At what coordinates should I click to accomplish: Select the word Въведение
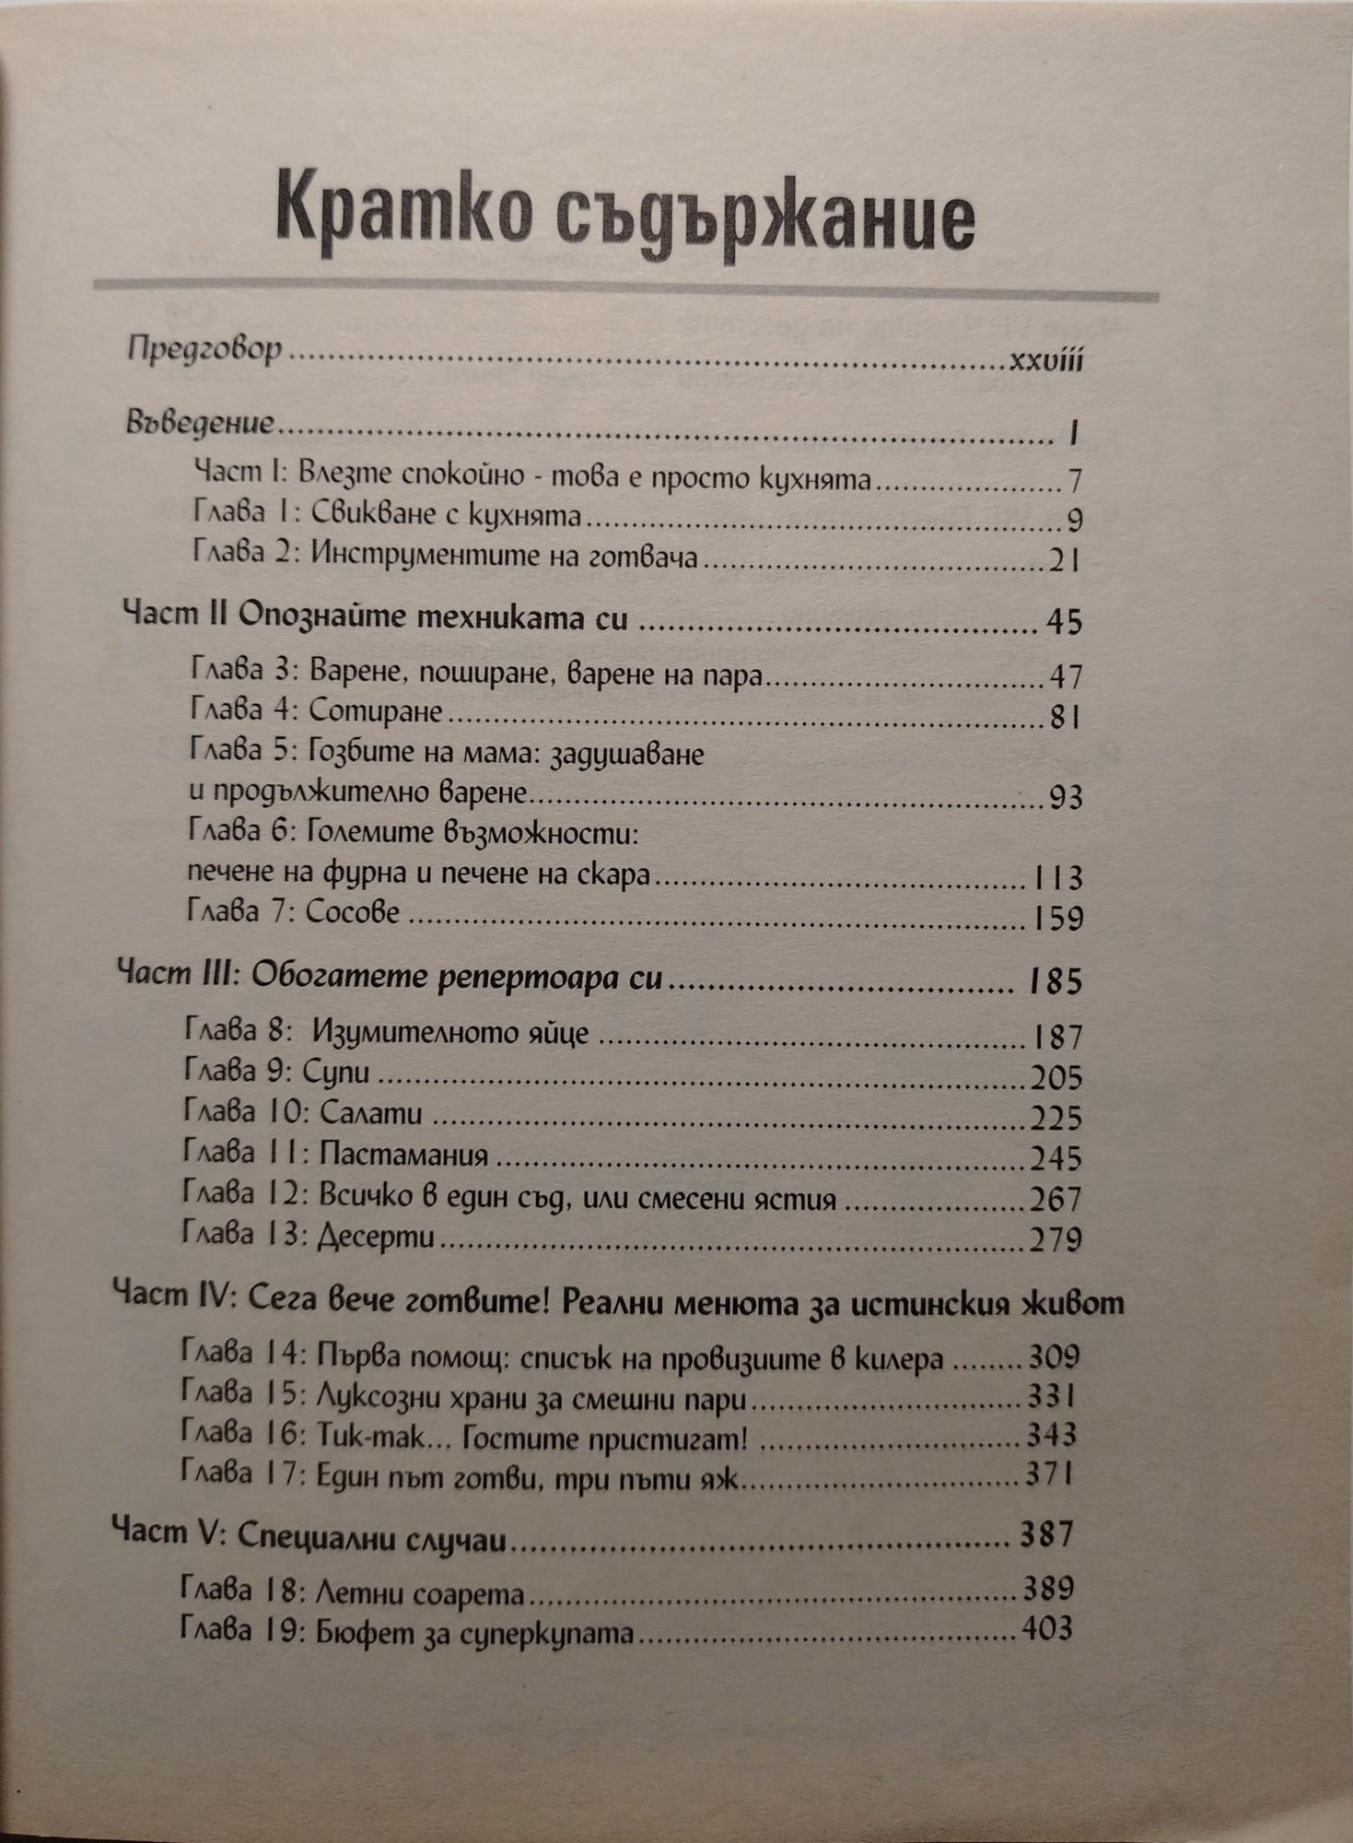coord(199,425)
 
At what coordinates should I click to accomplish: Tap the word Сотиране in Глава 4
coord(376,713)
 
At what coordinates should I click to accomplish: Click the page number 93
coord(1065,797)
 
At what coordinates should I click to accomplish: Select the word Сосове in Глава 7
coord(354,913)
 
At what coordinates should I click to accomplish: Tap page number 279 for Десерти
coord(1056,1240)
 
